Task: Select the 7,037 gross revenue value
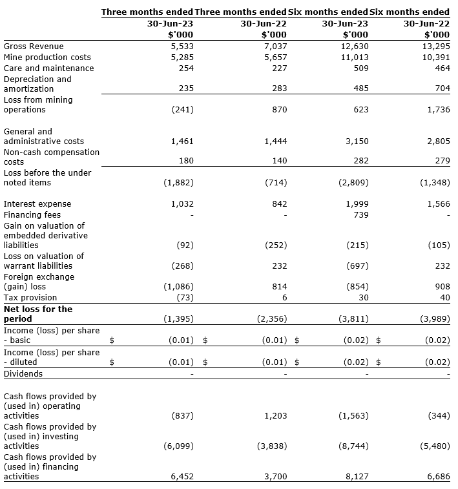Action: (275, 47)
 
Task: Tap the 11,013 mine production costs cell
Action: (355, 57)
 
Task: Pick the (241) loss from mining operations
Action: (182, 110)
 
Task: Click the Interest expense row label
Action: (37, 203)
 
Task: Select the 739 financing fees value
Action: (360, 214)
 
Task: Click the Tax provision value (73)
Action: (185, 297)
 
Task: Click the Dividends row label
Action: (23, 373)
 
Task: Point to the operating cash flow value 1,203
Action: (275, 416)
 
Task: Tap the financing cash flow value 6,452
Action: (181, 477)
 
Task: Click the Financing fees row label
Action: (34, 214)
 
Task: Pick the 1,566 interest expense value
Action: (437, 203)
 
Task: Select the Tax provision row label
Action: (30, 297)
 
